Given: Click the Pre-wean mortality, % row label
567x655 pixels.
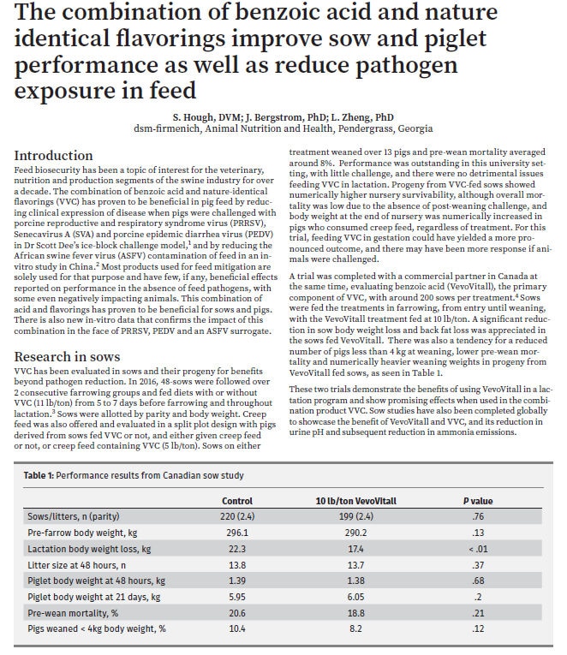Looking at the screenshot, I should pyautogui.click(x=69, y=612).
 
